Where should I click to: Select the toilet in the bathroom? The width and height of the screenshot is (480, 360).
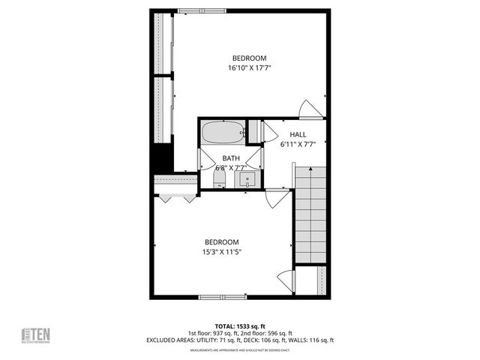point(208,177)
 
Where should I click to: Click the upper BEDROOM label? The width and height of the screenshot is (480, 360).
point(249,58)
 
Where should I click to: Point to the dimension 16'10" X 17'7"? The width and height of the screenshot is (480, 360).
point(249,68)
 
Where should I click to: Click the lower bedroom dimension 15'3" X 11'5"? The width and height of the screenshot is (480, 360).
point(222,252)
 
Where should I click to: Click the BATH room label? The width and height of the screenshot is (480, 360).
point(231,158)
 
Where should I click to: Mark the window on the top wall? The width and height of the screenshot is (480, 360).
point(202,10)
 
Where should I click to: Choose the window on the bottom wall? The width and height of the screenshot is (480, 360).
point(223,298)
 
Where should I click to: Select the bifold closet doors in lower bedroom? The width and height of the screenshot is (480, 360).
point(176,199)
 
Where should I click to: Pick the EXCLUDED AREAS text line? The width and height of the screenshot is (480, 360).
point(240,340)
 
